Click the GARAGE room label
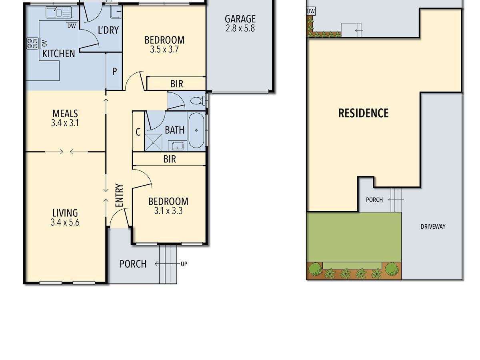240,19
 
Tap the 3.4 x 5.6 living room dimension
65,222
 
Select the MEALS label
65,114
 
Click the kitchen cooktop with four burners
32,43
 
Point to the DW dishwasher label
72,26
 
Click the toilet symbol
196,100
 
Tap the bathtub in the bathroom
196,130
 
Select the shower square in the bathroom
154,143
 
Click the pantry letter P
114,72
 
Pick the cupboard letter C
138,132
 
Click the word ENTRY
119,195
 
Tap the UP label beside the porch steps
184,264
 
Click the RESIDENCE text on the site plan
364,113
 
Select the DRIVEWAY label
433,226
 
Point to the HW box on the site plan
311,11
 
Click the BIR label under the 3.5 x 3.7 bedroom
177,84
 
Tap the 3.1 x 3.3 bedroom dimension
168,211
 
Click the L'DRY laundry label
108,30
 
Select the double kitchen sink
59,12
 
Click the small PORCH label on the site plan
374,200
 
